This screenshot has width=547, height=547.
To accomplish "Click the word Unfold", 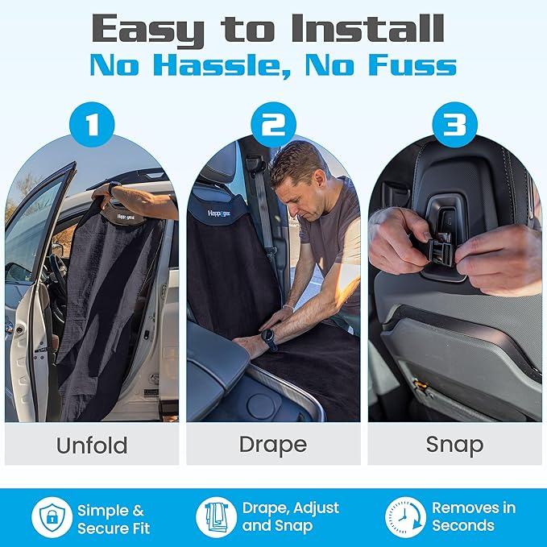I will pyautogui.click(x=91, y=445).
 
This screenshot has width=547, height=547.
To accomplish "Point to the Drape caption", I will pyautogui.click(x=273, y=445).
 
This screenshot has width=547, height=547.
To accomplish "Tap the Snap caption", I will pyautogui.click(x=455, y=445).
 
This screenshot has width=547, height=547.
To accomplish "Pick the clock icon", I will pyautogui.click(x=404, y=517).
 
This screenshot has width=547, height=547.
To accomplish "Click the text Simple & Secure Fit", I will pyautogui.click(x=113, y=518).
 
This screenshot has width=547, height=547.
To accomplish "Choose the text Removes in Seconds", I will pyautogui.click(x=474, y=518).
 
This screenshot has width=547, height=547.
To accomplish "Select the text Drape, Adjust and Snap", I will pyautogui.click(x=290, y=518).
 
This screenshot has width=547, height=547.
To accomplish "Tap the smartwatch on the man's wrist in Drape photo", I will pyautogui.click(x=269, y=339).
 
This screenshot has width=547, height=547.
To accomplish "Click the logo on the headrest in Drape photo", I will pyautogui.click(x=220, y=214).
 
